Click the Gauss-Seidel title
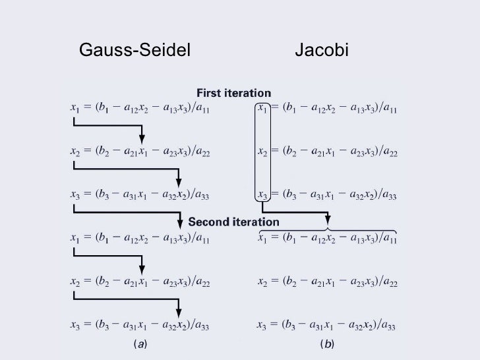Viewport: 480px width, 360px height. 134,50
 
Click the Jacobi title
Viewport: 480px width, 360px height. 321,50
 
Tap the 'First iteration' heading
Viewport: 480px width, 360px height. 234,93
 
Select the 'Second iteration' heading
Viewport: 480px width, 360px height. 234,222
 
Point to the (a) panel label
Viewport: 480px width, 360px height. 140,345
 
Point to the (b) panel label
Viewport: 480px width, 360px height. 326,345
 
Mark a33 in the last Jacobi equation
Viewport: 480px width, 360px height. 388,326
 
